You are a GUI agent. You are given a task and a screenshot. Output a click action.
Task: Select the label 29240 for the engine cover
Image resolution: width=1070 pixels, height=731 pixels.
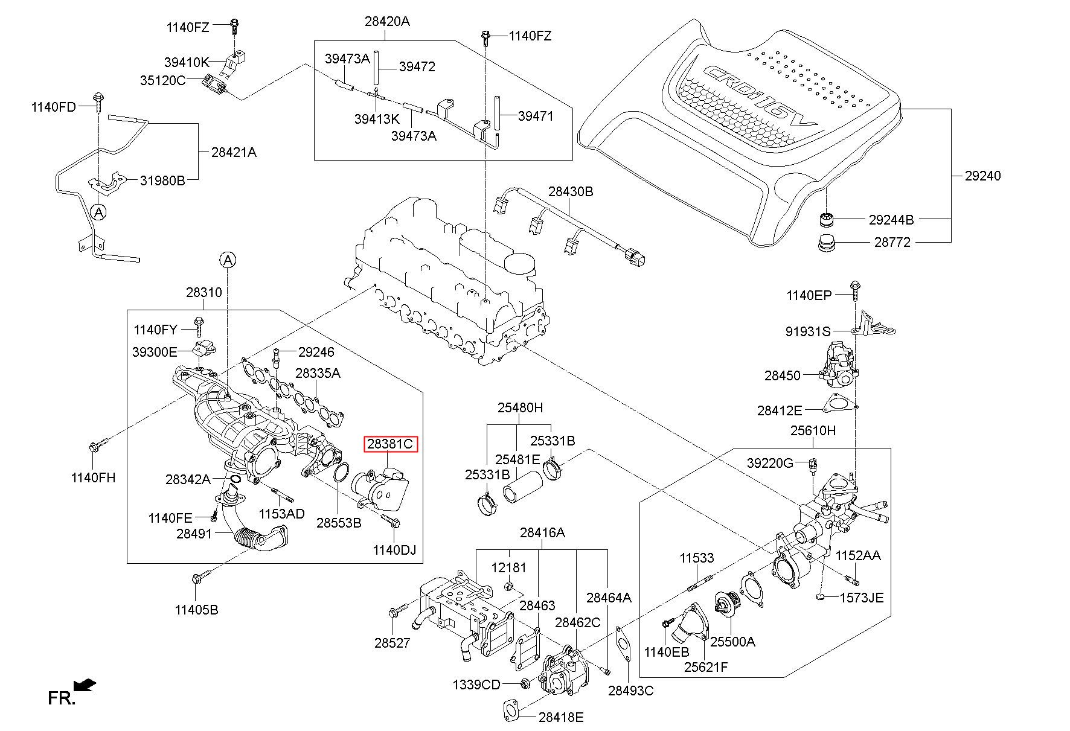982,176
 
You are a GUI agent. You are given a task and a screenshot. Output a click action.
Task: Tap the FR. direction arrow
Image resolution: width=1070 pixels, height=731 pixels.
85,685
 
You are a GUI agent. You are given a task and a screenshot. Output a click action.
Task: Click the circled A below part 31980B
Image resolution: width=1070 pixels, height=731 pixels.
98,211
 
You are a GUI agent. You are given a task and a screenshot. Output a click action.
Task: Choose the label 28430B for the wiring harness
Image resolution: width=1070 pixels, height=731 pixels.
571,192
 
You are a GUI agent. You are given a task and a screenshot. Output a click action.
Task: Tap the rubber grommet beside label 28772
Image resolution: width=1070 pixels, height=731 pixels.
825,243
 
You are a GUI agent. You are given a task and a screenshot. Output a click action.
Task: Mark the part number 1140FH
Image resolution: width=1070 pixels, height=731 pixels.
93,477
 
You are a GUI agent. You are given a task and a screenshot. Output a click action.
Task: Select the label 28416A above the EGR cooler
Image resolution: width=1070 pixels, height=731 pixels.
542,532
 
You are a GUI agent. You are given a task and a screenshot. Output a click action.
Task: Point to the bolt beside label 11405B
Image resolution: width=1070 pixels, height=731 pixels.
197,578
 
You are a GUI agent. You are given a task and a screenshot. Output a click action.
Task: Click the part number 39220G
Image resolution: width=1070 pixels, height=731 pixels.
770,463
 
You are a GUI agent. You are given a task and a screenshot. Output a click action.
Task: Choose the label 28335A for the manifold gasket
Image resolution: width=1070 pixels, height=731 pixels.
318,373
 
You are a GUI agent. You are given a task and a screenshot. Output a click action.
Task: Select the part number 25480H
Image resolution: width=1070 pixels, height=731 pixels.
520,407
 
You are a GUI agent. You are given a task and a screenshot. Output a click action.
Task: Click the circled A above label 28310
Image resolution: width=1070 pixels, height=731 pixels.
228,260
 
